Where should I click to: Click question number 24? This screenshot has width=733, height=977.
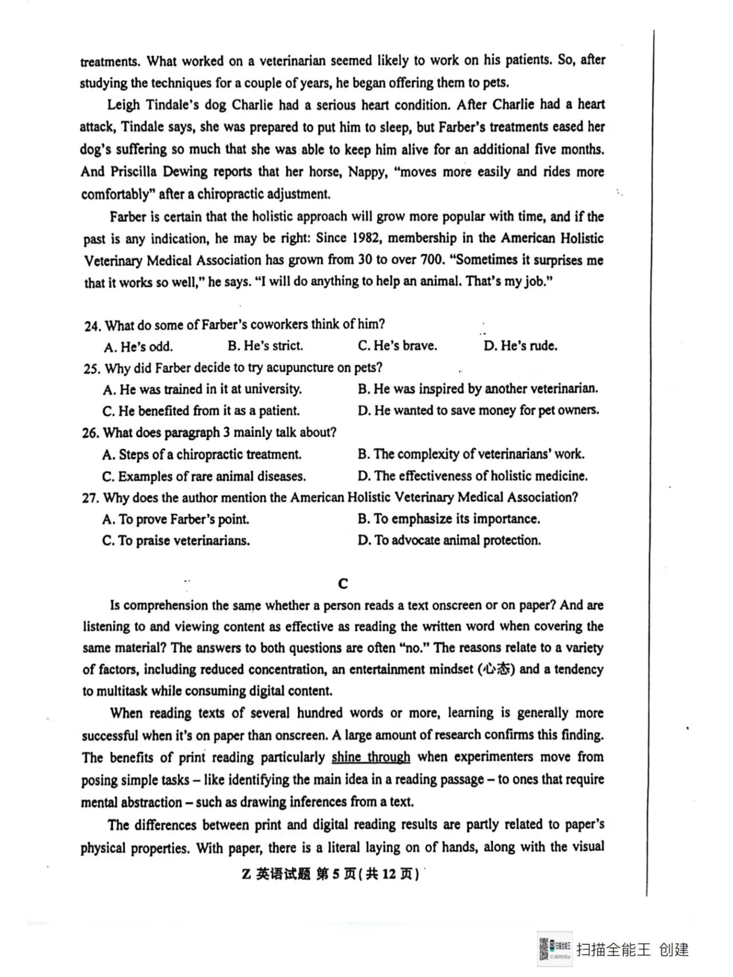[x=92, y=326]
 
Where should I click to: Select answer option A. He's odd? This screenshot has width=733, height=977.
[x=138, y=347]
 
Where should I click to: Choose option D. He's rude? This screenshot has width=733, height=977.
[x=520, y=346]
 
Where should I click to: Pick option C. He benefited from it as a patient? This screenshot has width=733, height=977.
[x=201, y=411]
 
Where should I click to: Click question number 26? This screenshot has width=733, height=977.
[x=90, y=433]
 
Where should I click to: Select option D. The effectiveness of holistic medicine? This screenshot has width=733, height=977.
[x=472, y=476]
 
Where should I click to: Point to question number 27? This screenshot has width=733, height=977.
[x=90, y=498]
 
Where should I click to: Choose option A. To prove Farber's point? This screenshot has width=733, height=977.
[x=175, y=519]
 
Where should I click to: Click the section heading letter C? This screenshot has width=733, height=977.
[x=343, y=584]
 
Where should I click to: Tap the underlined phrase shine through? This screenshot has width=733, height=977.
[x=371, y=757]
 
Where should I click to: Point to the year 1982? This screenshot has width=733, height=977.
[x=364, y=238]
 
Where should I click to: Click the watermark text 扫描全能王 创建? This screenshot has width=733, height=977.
[x=632, y=950]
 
